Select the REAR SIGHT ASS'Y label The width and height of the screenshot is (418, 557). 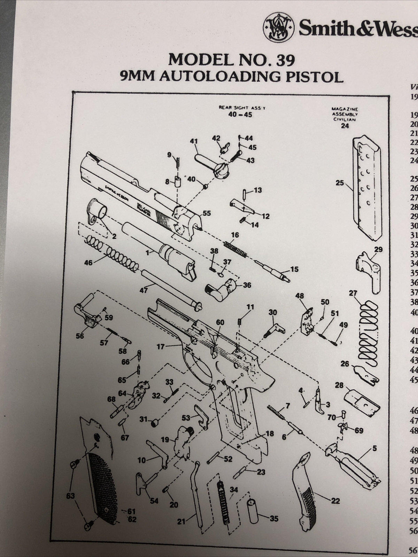coord(242,108)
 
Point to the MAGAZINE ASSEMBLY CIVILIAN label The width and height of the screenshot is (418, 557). coord(345,114)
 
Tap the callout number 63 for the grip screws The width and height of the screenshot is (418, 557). coord(70,495)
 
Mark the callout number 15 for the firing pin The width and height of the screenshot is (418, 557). coord(294,269)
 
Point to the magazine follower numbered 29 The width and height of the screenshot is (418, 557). coord(369,272)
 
